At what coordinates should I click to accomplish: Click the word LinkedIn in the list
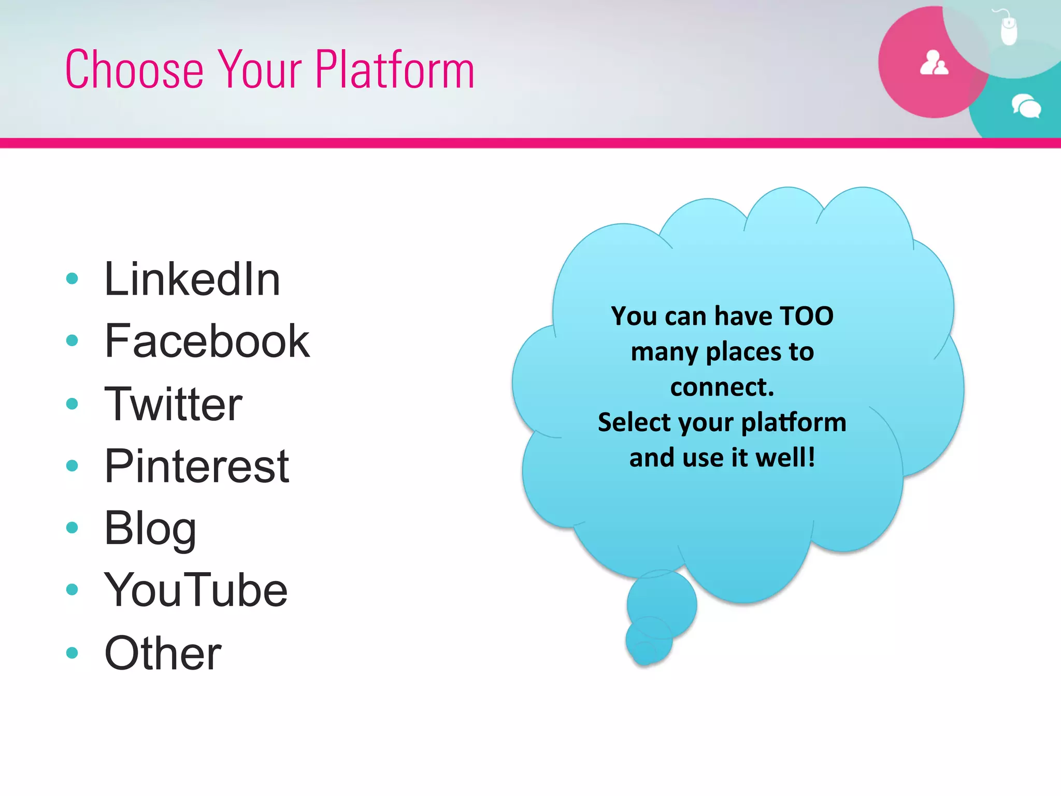point(192,280)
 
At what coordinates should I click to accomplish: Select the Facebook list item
point(207,341)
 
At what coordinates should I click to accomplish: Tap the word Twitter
point(173,404)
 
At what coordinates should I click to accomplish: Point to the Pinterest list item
point(196,466)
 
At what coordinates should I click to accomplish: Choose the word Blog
point(150,529)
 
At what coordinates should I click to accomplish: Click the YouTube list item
point(195,590)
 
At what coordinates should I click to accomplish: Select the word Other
point(163,653)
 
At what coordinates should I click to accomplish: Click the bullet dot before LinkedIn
point(72,279)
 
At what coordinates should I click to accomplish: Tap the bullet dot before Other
point(72,652)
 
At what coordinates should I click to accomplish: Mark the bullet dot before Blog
point(72,528)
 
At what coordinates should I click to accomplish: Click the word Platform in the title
point(394,69)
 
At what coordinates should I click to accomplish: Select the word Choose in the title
point(134,69)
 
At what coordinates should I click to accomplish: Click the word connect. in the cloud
point(722,387)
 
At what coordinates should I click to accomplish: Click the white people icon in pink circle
point(934,63)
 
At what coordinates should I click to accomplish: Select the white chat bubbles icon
point(1026,106)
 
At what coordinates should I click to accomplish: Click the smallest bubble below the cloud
point(644,653)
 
